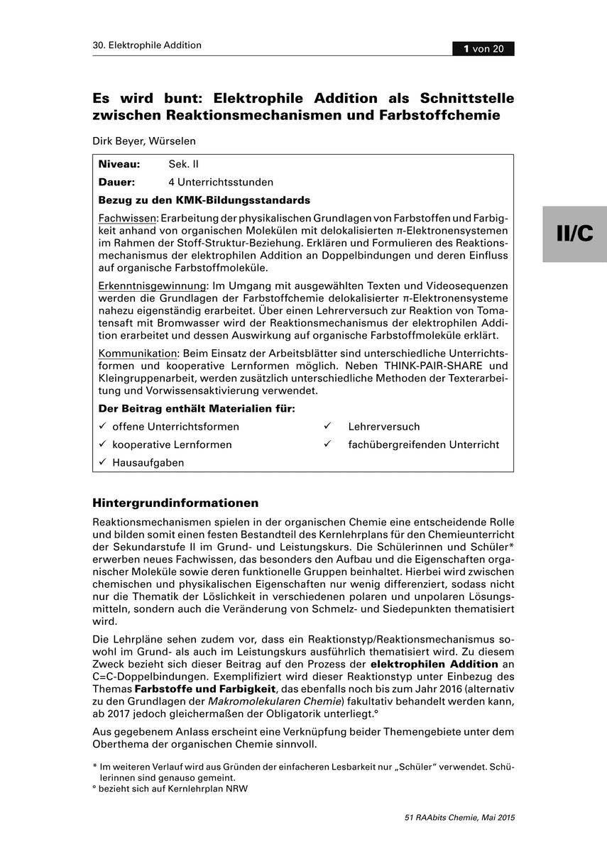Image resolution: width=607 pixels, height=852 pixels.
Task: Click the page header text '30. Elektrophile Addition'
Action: [147, 45]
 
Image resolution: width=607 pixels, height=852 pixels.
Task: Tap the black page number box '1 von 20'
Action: [483, 49]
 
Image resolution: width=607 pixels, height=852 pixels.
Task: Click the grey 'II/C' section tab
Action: [574, 234]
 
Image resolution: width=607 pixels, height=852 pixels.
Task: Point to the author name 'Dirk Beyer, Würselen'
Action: [144, 141]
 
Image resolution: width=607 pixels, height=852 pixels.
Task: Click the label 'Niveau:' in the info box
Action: [119, 164]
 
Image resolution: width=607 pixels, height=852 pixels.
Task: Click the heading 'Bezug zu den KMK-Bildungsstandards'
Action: [204, 200]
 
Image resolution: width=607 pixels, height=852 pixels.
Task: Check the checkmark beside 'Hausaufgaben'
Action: [103, 462]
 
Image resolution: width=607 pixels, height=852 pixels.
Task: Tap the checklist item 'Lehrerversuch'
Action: [383, 427]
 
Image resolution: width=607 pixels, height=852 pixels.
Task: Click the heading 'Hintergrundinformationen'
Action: [175, 503]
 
